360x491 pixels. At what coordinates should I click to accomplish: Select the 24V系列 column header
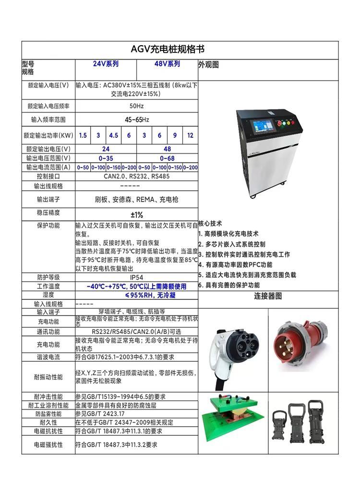[106, 64]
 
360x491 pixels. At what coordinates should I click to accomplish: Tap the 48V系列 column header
[167, 64]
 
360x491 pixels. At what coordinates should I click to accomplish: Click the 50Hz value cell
[137, 106]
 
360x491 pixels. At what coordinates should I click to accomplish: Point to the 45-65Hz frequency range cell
[137, 120]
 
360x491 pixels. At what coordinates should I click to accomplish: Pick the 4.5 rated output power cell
[114, 135]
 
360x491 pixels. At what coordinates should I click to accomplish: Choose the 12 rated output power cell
[191, 135]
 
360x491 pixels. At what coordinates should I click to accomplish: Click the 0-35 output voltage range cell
[106, 158]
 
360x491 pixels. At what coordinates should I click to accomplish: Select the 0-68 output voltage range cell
[167, 158]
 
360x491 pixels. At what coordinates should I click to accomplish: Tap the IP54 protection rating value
[137, 277]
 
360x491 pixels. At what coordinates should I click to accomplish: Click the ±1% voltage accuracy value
[137, 215]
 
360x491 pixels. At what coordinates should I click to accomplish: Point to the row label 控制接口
[48, 176]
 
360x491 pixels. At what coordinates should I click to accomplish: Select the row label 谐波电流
[48, 357]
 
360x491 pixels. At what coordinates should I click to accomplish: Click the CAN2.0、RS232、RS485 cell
[137, 176]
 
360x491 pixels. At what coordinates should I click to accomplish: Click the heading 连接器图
[268, 296]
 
